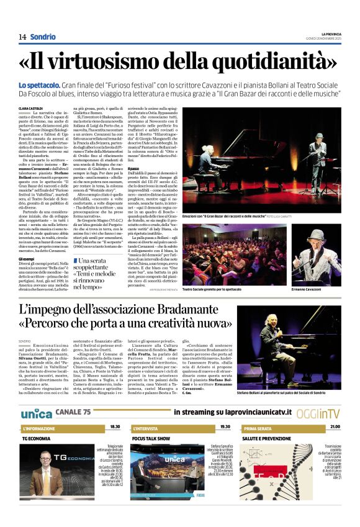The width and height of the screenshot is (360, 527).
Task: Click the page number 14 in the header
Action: tap(22, 37)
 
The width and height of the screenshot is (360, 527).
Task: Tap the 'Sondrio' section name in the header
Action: tap(43, 37)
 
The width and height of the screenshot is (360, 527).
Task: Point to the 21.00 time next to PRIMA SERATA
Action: tap(335, 427)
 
